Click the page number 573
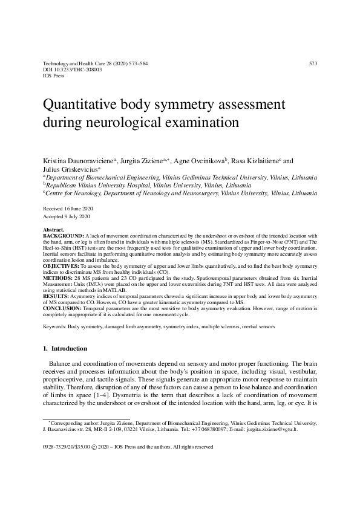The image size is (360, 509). [x=313, y=63]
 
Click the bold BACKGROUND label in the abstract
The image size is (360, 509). [x=64, y=236]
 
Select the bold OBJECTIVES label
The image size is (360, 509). [x=61, y=265]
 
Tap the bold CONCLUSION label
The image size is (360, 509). [x=62, y=308]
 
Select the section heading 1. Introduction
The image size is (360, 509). [x=65, y=349]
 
